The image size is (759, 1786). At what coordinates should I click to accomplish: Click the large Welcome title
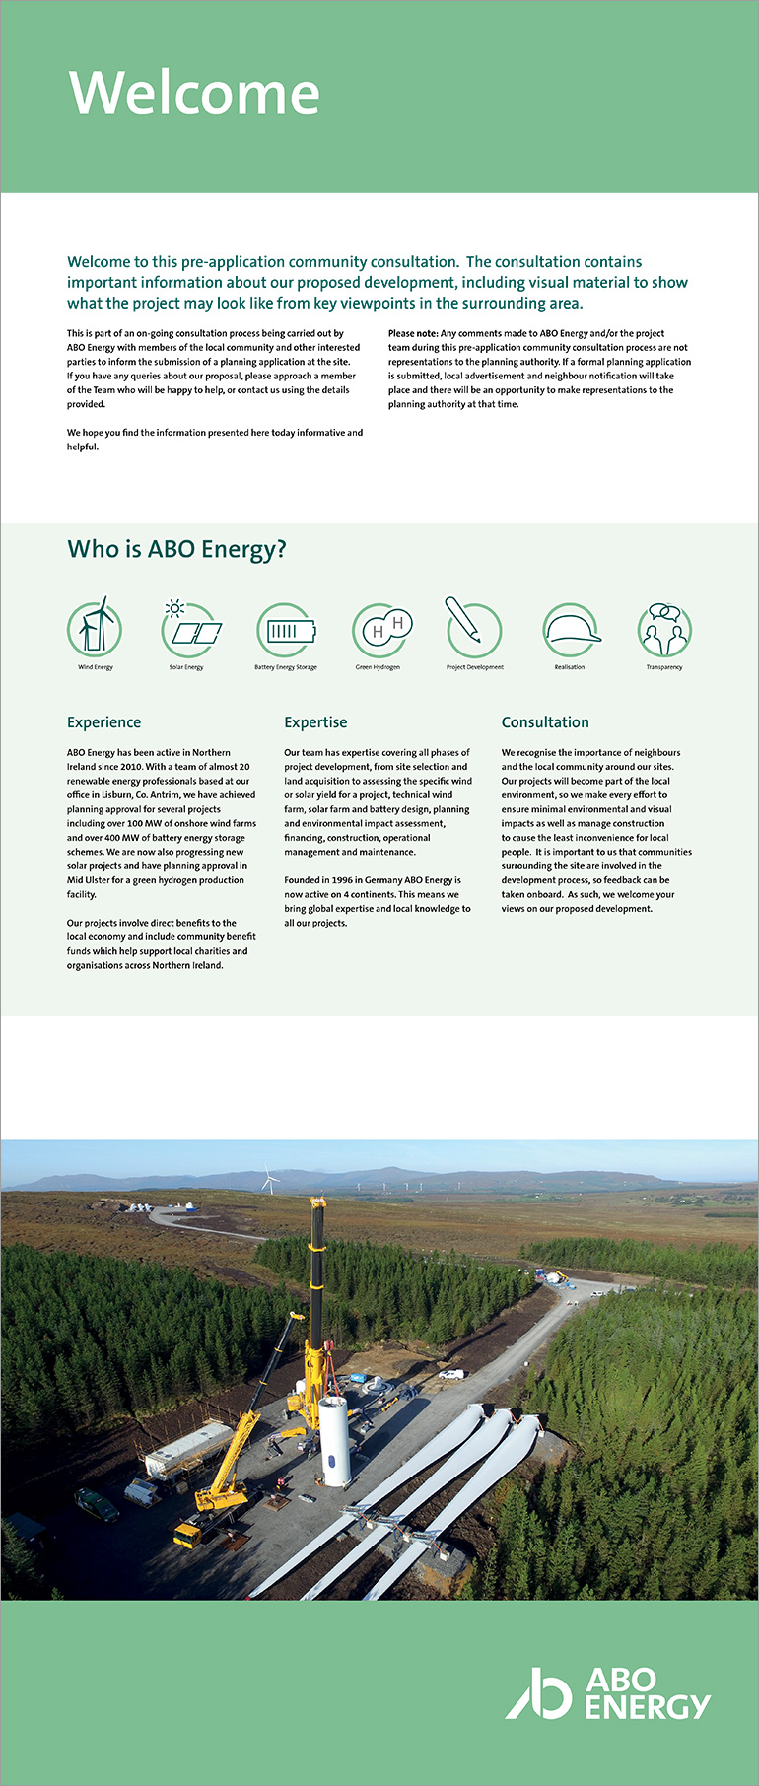click(x=194, y=94)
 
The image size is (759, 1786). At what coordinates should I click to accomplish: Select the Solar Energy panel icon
click(x=189, y=628)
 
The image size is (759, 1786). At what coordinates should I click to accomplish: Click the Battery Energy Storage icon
click(x=286, y=629)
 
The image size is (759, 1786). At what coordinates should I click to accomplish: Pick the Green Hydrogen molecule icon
click(x=381, y=629)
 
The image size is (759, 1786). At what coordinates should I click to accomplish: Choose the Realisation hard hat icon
click(x=572, y=630)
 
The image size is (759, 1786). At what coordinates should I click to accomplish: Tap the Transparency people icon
click(x=664, y=629)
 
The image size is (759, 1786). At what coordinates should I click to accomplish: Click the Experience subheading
click(x=103, y=722)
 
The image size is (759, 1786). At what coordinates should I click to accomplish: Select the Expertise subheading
click(x=315, y=722)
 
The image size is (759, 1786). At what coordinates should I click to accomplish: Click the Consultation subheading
click(x=545, y=722)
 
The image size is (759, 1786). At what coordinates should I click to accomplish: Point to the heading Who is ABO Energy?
click(x=176, y=549)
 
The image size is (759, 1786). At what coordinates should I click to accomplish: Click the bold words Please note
click(x=413, y=333)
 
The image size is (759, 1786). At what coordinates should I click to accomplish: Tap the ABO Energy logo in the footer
click(x=608, y=1693)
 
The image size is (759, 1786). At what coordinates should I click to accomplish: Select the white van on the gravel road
click(x=450, y=1374)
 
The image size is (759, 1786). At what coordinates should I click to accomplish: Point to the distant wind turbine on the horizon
click(x=268, y=1180)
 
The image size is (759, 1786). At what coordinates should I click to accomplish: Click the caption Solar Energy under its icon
click(x=186, y=667)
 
